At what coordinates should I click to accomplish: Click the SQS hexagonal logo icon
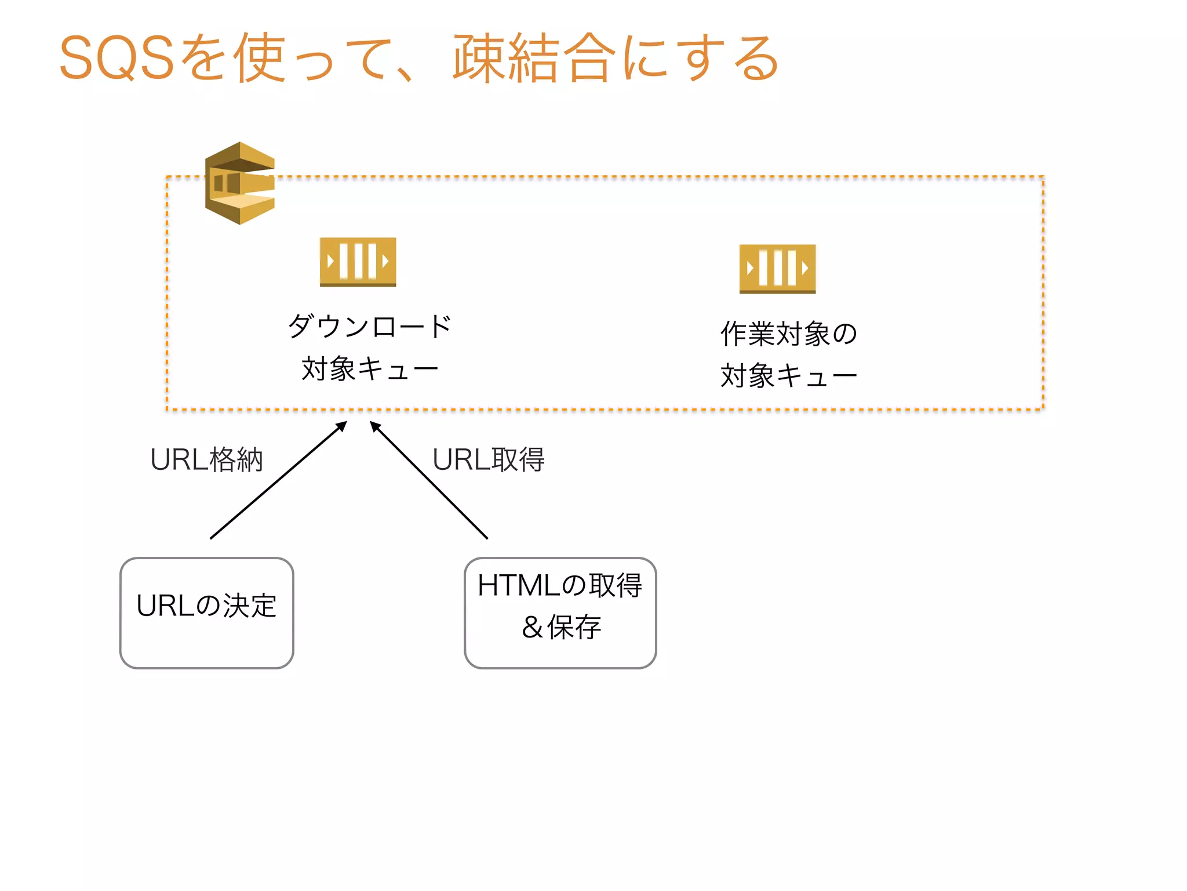pos(239,183)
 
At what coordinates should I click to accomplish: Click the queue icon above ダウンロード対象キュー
pos(358,262)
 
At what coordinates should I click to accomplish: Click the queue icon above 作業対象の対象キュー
pos(777,269)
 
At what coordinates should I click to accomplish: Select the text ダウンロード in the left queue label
pos(369,327)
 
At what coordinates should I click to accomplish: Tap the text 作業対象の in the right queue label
pos(788,334)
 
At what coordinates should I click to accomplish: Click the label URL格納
pos(206,460)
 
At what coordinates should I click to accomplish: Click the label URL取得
pos(488,460)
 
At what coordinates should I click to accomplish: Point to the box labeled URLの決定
pos(207,613)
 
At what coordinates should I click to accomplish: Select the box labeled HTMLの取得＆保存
pos(560,613)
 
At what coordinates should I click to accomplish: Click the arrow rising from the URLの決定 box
pos(278,480)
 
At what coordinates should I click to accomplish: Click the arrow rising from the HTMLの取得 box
pos(429,480)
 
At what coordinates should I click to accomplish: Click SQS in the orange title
pos(116,58)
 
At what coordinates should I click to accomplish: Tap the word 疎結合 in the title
pos(533,58)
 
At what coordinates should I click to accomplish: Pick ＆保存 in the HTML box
pos(561,627)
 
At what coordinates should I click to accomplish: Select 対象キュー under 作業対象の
pos(788,376)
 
